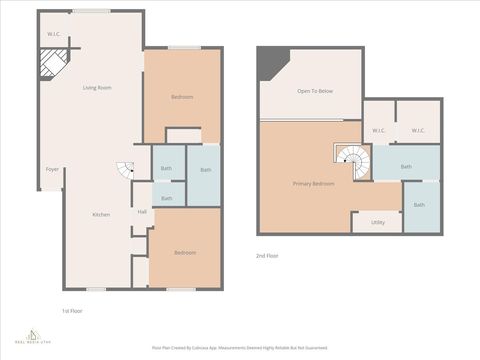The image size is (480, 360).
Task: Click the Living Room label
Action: coord(97,88)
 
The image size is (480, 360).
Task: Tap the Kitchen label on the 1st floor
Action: coord(101,215)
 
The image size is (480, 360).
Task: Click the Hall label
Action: coord(142,212)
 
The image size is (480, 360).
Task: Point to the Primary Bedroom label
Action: coord(313,185)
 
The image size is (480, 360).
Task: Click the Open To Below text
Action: coord(315,91)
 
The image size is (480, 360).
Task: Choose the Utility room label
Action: coord(377,222)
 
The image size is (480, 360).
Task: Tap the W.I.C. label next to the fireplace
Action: coord(53,35)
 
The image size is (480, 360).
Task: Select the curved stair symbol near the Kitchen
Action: coord(125,171)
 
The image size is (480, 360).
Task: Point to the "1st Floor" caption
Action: coord(72,311)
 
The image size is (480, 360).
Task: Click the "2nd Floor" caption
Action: coord(268,256)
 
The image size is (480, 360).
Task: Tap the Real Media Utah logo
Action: coord(35,337)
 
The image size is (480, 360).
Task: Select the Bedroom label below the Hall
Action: coord(185,252)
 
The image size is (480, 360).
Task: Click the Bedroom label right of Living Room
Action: coord(181,96)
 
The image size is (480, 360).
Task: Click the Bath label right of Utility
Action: coord(419,205)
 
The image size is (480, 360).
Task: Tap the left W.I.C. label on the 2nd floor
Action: coord(379,130)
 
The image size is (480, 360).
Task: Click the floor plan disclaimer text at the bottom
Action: coord(239,347)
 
